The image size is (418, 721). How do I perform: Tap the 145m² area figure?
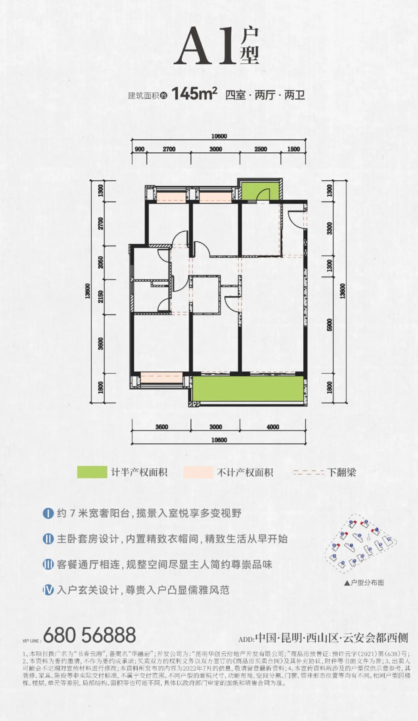(x=194, y=94)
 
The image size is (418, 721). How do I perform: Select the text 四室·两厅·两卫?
(x=265, y=95)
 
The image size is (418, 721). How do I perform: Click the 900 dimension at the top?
(x=139, y=149)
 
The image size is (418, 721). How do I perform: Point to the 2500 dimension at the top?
(x=260, y=149)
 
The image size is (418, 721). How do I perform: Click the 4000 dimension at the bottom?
(x=273, y=427)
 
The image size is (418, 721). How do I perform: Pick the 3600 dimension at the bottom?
(x=162, y=427)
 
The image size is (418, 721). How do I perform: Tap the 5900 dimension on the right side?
(x=330, y=325)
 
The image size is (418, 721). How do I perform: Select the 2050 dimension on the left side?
(x=101, y=263)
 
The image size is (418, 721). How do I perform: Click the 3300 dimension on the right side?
(x=330, y=228)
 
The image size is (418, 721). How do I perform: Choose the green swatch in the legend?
(x=92, y=472)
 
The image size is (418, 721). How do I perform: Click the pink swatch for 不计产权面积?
(x=198, y=472)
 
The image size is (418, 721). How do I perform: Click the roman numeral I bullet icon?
(x=48, y=514)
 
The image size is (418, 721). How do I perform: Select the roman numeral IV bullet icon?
(x=48, y=590)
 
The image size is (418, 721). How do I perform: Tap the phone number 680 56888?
(x=89, y=635)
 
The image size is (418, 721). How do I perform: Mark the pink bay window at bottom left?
(x=161, y=377)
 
